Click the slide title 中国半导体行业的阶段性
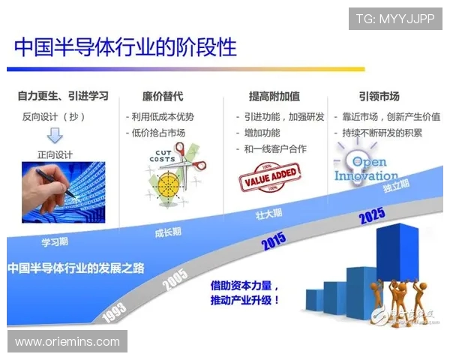[125, 46]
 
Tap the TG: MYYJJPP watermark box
[395, 18]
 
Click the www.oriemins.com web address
[67, 341]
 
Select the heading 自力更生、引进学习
[63, 96]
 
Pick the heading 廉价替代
[163, 96]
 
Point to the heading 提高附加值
[274, 96]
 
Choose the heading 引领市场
[379, 96]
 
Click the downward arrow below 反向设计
[55, 136]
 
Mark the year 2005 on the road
[175, 279]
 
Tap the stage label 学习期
[55, 242]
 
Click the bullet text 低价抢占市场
[157, 133]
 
